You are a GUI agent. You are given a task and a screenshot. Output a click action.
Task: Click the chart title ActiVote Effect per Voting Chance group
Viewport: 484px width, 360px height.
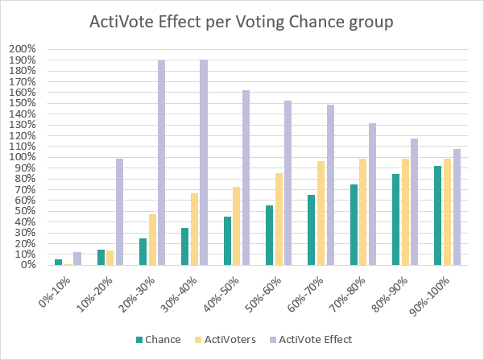tap(242, 23)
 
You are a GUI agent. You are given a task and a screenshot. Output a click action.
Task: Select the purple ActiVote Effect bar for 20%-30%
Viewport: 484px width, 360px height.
tap(161, 163)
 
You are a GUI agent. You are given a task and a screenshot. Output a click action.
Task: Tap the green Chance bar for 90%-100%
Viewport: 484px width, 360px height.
tap(437, 216)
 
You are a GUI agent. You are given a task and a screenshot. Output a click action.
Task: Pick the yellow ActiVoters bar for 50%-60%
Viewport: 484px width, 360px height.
tap(279, 219)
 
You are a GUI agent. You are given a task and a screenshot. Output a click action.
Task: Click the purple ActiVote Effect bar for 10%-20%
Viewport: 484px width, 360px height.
tap(119, 212)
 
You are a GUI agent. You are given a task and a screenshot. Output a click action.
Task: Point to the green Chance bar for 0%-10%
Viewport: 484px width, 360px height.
tap(58, 263)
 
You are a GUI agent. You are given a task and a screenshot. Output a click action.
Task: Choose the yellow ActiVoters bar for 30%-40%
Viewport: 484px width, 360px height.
tap(194, 229)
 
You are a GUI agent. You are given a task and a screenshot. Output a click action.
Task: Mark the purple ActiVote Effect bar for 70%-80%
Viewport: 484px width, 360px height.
tap(372, 194)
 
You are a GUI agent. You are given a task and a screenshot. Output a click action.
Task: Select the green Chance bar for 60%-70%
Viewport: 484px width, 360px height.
tap(311, 230)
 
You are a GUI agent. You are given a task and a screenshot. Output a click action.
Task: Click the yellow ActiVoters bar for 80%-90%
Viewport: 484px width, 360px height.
tap(405, 212)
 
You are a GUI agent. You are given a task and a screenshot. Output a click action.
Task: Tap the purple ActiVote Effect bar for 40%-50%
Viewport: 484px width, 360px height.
tap(246, 178)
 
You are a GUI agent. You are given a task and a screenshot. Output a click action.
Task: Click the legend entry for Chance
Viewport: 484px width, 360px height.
tap(159, 340)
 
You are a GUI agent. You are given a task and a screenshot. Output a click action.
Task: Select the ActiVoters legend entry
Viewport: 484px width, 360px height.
tap(225, 340)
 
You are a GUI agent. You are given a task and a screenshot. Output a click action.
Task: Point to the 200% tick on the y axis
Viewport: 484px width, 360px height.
tap(23, 49)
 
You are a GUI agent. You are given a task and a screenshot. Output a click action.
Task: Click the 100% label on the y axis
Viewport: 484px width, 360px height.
tap(23, 157)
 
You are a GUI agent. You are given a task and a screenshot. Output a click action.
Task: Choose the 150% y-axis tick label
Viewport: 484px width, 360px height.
tap(23, 103)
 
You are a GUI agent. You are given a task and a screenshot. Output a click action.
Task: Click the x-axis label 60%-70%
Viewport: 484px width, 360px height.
tap(305, 294)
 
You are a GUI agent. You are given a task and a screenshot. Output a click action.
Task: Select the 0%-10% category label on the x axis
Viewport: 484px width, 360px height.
tap(55, 292)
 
